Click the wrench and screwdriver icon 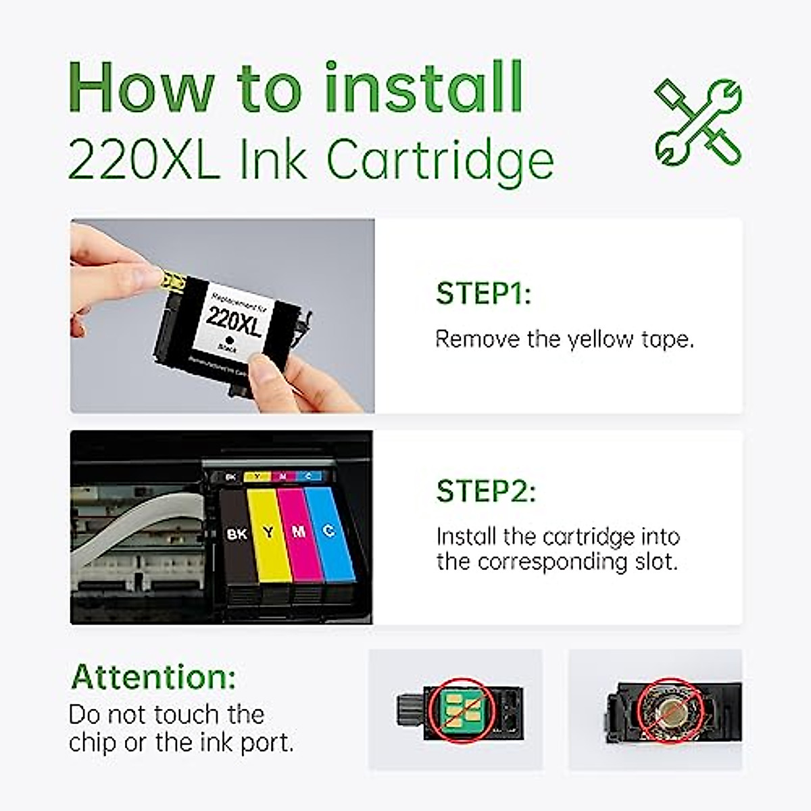point(698,122)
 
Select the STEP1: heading point(483,294)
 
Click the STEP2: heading point(486,491)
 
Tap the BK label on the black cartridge point(237,534)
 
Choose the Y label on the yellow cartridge point(269,532)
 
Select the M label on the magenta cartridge point(298,532)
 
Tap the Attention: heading point(153,677)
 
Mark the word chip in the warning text point(92,742)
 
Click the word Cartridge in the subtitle point(440,160)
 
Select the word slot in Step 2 point(654,562)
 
